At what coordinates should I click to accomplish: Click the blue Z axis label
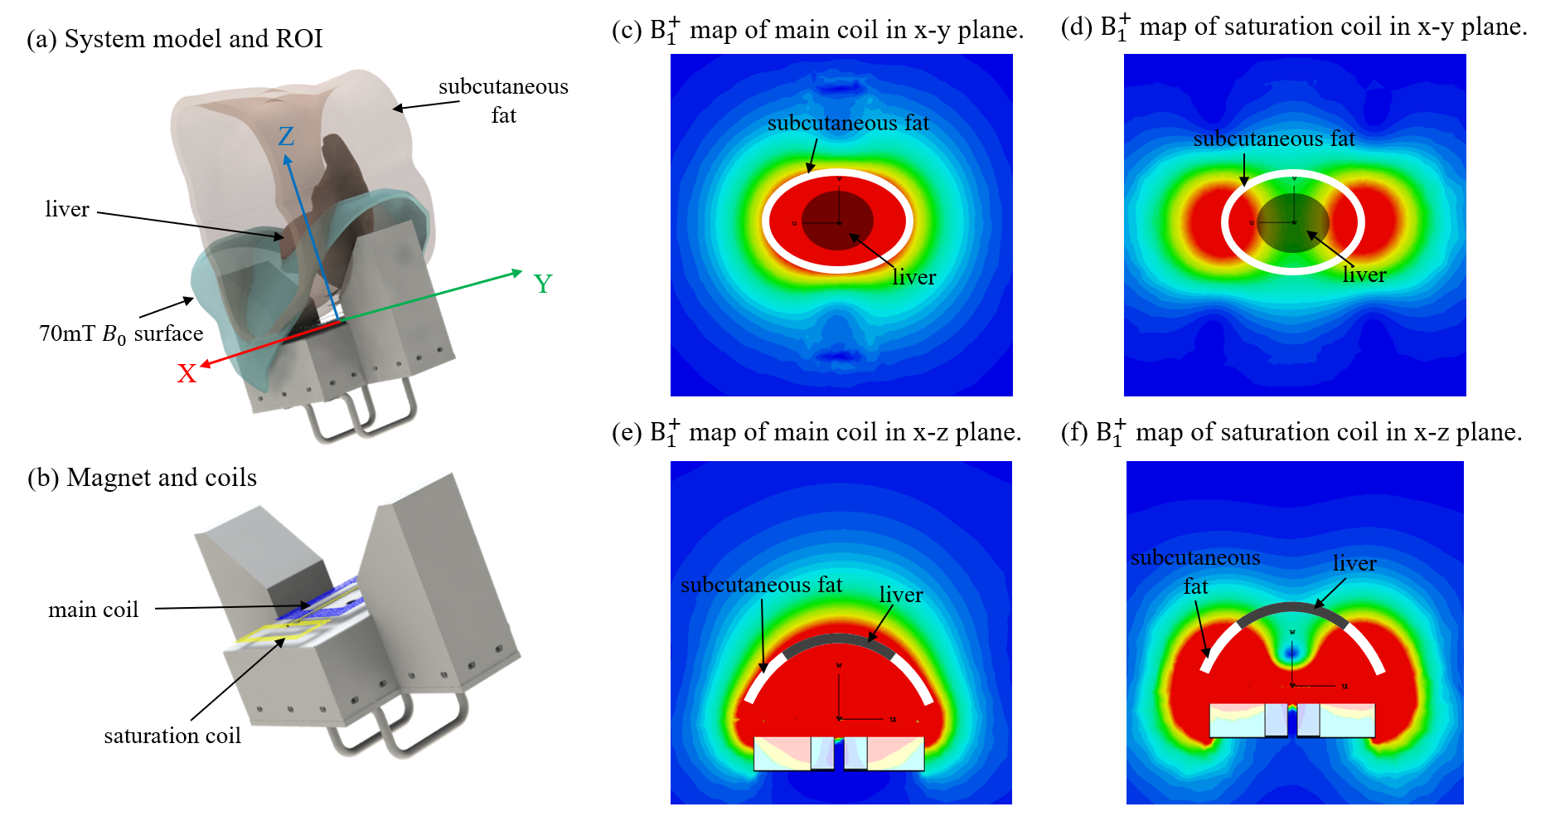286,136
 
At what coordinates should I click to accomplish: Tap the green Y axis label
543,284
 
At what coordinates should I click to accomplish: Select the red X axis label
187,374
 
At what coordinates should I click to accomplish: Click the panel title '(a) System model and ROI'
174,39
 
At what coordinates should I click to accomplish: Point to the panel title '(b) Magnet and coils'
142,478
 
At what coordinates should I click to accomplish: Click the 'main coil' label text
93,610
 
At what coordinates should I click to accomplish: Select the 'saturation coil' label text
172,736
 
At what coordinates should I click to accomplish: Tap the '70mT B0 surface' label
121,333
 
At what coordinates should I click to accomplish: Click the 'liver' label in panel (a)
67,209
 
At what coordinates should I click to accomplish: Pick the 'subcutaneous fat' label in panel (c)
848,124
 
